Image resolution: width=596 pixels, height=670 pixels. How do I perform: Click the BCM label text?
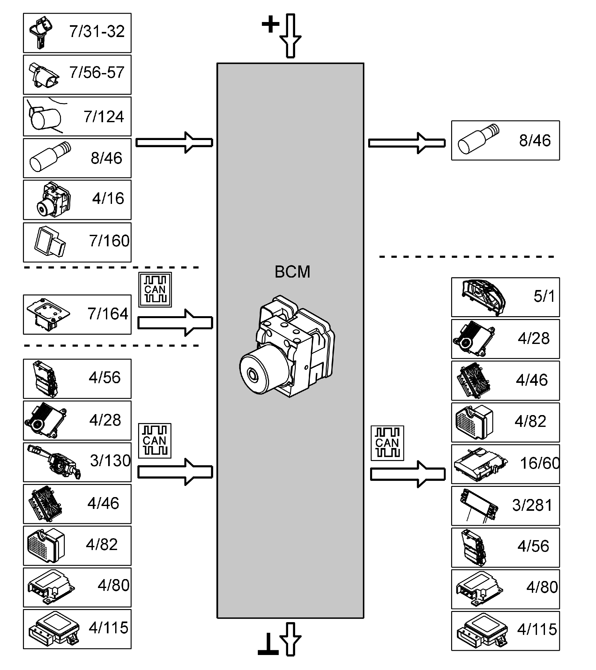point(292,272)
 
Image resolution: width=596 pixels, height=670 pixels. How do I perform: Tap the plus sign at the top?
point(271,25)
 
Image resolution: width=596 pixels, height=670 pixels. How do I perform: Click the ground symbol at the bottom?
point(268,644)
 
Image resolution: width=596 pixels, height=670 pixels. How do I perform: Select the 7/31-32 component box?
point(77,33)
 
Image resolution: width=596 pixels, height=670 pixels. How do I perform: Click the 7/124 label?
point(104,117)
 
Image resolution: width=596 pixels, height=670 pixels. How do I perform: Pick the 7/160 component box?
point(77,242)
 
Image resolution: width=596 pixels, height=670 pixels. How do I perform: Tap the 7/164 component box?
point(77,314)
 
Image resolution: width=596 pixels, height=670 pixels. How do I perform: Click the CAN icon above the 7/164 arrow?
point(155,289)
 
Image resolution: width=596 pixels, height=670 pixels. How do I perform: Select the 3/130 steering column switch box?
point(77,462)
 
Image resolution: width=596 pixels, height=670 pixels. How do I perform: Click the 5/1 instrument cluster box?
point(505,297)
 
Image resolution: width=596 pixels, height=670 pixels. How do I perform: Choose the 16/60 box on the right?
point(505,464)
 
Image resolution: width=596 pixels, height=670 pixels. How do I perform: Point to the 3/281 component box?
point(505,505)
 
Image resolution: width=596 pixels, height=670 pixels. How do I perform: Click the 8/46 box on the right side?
point(505,140)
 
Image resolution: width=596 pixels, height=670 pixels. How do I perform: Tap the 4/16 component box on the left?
point(77,200)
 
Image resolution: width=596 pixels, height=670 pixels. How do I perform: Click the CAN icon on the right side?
point(387,443)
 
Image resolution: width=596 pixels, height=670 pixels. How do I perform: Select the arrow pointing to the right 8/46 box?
point(406,143)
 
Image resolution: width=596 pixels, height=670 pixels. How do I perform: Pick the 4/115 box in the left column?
point(77,629)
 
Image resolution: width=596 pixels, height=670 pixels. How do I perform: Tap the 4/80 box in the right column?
point(505,589)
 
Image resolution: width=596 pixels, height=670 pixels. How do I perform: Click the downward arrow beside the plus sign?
point(290,36)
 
